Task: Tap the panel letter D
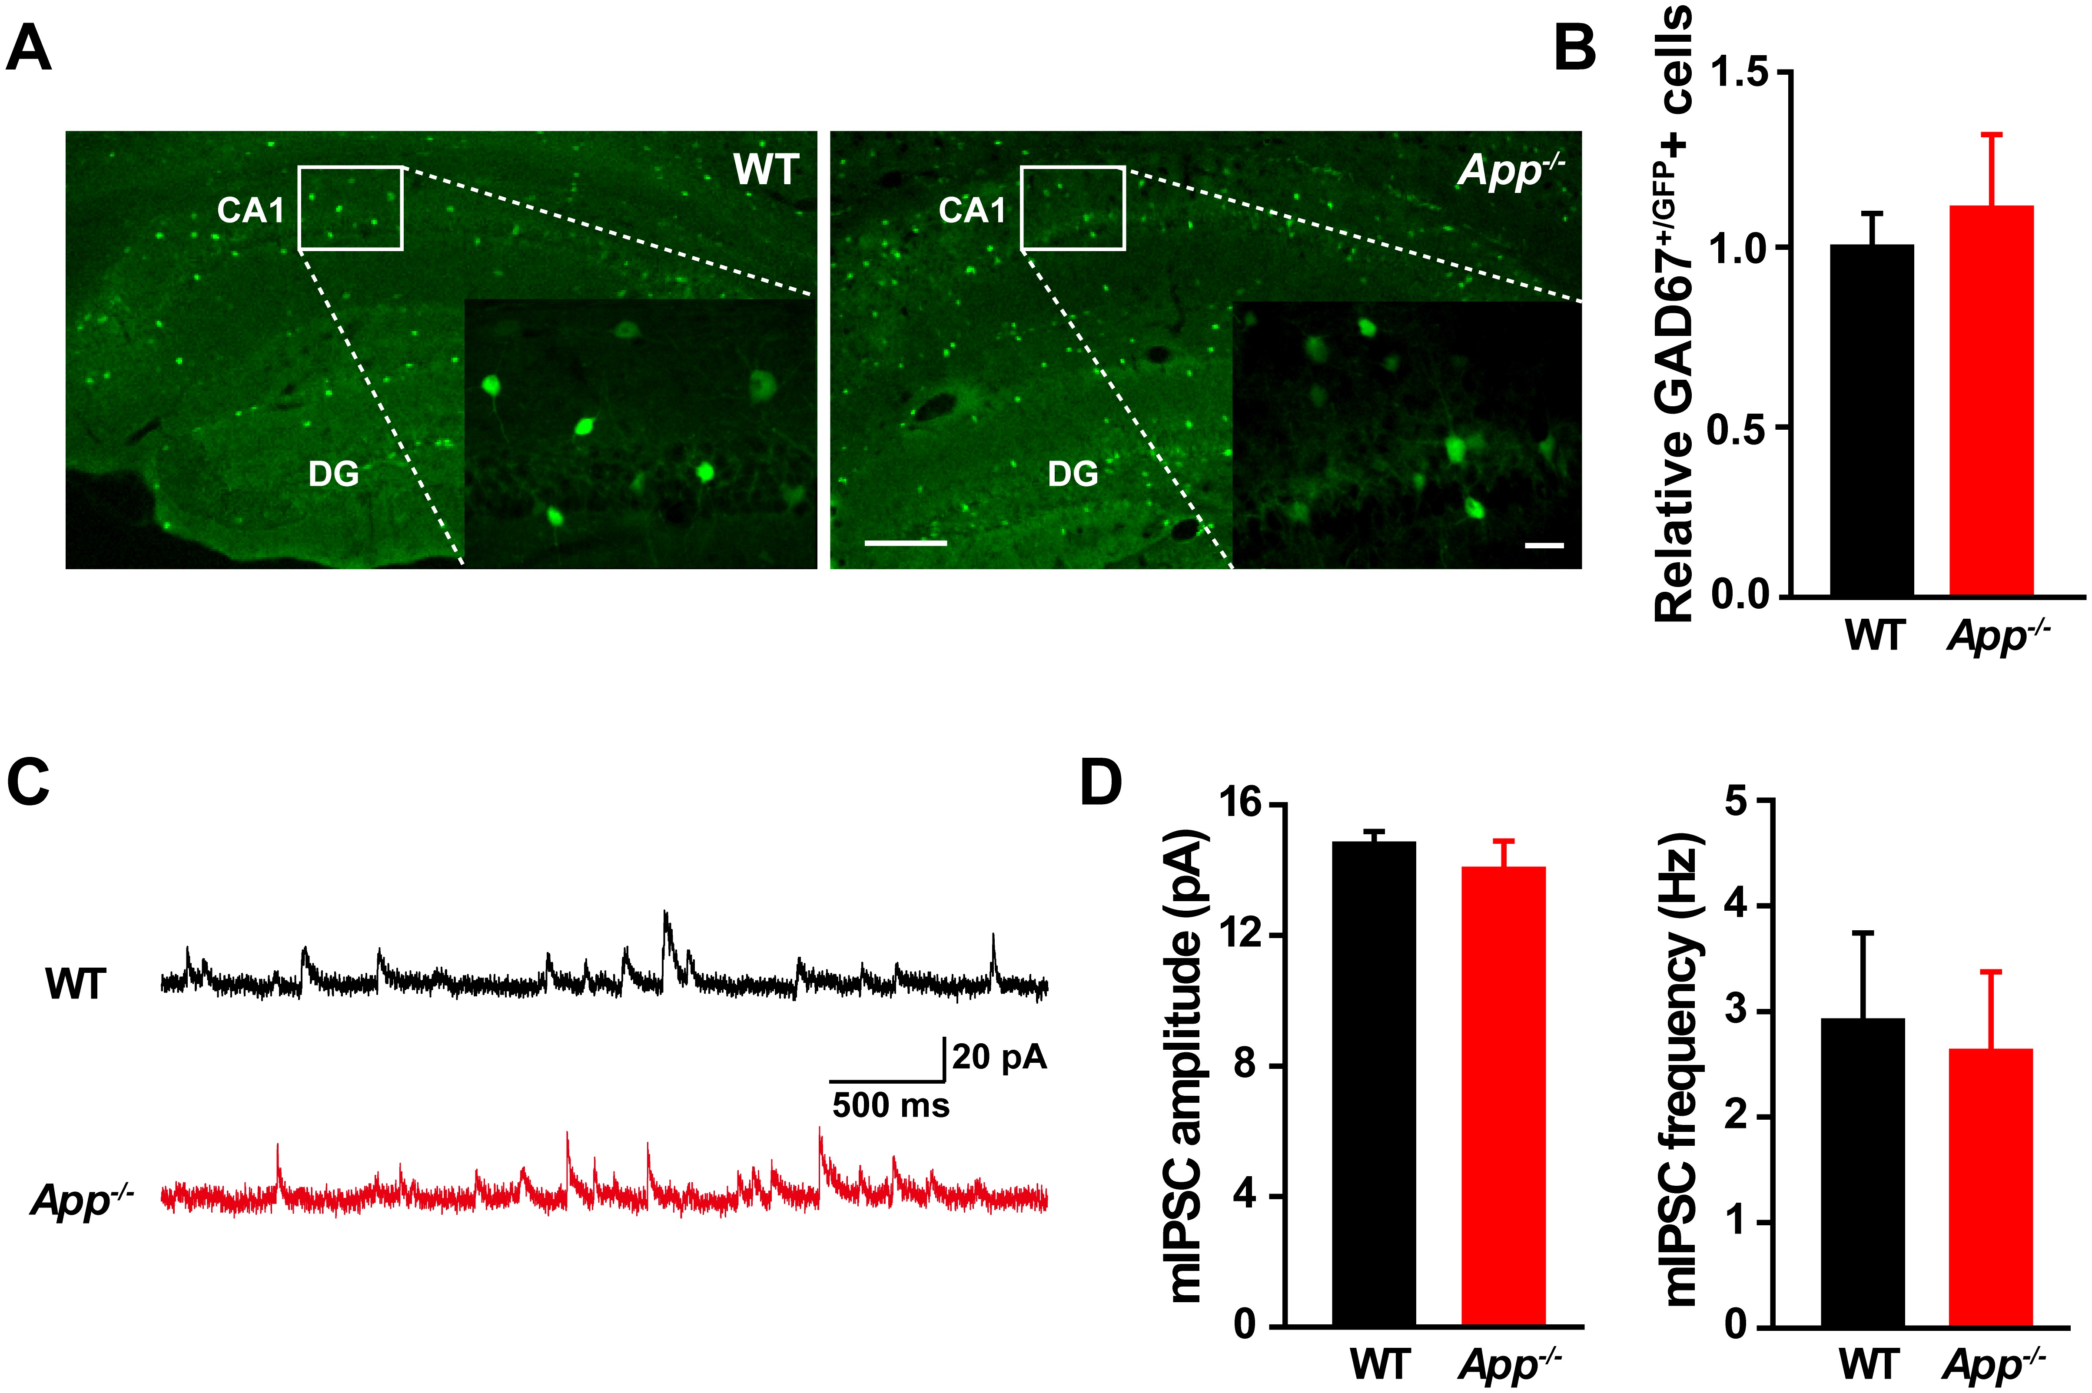point(1101,783)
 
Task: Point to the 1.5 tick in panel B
point(1741,73)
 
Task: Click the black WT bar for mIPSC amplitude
point(1374,1084)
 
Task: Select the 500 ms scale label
point(890,1106)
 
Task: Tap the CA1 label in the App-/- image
point(972,211)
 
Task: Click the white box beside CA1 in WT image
point(350,208)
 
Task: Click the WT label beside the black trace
point(76,984)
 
